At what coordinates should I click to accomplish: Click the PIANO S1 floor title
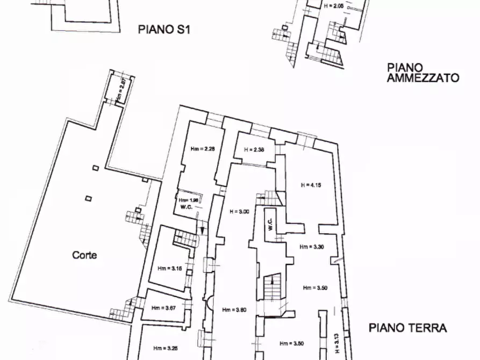coord(164,30)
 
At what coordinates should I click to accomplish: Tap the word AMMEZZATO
coord(423,78)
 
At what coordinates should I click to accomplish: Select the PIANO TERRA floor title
coord(408,328)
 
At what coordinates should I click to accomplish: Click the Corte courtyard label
coord(85,255)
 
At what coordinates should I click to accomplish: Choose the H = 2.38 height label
coord(254,149)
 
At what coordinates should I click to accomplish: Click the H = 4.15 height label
coord(311,185)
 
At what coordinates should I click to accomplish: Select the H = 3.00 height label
coord(239,212)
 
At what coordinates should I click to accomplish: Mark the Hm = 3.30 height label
coord(312,247)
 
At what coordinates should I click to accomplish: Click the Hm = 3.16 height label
coord(170,268)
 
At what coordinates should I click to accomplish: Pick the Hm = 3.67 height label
coord(163,308)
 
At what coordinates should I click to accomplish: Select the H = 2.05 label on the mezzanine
coord(333,6)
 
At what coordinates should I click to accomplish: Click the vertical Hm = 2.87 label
coord(121,90)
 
